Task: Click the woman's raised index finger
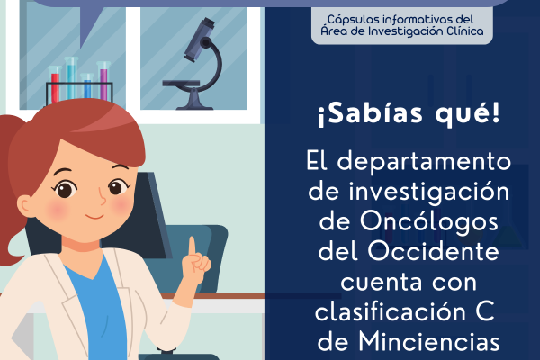click(192, 247)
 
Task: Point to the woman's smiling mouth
click(94, 216)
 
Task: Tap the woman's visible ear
click(27, 207)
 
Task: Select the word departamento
click(424, 162)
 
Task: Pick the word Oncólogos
click(428, 222)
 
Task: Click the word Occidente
click(433, 251)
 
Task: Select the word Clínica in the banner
click(465, 31)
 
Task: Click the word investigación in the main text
click(428, 193)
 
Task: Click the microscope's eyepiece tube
click(199, 40)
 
